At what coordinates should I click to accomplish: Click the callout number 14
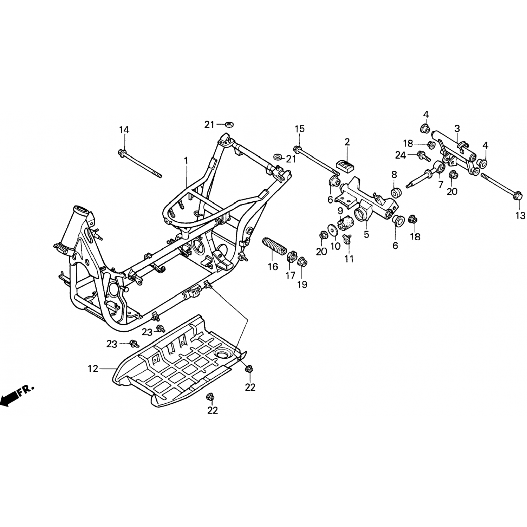click(124, 130)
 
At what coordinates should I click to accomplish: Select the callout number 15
click(300, 129)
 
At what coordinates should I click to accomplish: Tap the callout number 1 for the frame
click(186, 161)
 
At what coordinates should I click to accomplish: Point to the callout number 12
click(93, 369)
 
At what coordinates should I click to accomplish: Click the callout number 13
click(520, 215)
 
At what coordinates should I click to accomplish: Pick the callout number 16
click(273, 267)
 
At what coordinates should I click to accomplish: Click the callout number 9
click(340, 211)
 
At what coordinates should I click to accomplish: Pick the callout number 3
click(457, 129)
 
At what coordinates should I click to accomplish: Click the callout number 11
click(349, 259)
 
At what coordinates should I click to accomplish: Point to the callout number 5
click(366, 234)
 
